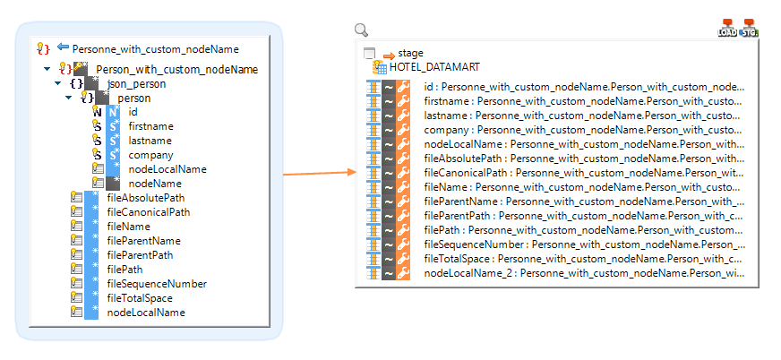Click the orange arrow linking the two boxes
click(318, 173)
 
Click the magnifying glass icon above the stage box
click(362, 30)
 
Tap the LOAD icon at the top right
click(727, 29)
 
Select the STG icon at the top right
click(750, 29)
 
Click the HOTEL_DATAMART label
click(434, 67)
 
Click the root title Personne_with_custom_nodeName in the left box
click(155, 48)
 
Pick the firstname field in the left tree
click(150, 126)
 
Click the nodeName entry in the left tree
click(153, 184)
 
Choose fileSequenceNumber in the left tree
click(157, 284)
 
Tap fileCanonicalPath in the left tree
click(148, 212)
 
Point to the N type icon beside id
click(98, 112)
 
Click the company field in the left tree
click(150, 155)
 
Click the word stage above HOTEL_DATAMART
click(410, 54)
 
